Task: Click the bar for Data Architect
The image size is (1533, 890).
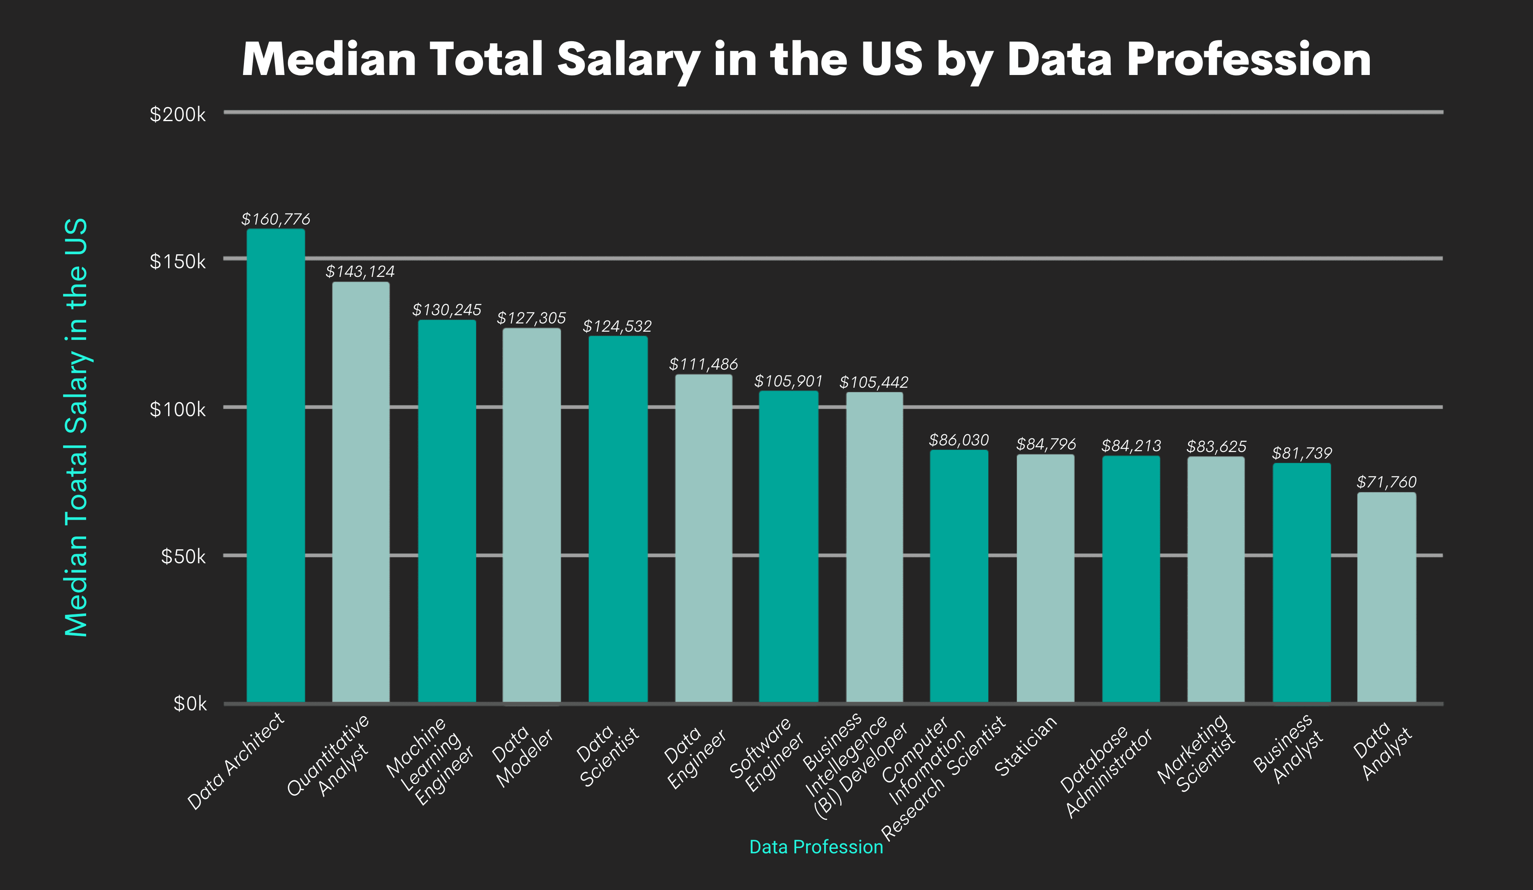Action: pos(276,465)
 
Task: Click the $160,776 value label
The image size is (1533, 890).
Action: pos(276,219)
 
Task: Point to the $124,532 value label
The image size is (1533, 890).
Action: pos(617,326)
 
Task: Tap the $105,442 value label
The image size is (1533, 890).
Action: pos(874,382)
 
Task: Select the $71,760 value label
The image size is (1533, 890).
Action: pos(1386,482)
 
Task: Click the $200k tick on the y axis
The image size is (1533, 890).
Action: pos(178,114)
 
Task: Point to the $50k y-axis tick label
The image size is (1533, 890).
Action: pos(183,556)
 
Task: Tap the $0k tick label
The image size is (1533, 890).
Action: pos(190,704)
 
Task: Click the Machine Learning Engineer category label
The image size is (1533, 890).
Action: pos(430,761)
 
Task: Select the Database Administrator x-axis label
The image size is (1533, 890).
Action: pos(1106,771)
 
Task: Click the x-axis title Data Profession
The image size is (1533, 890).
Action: pos(816,847)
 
